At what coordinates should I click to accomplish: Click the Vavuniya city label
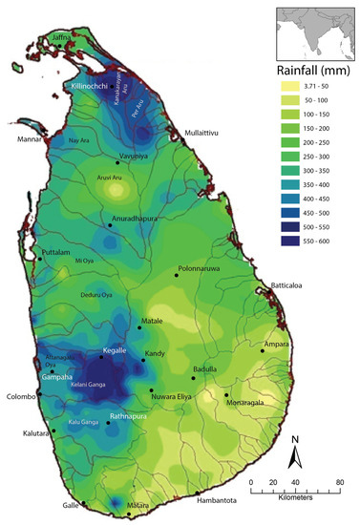pyautogui.click(x=136, y=155)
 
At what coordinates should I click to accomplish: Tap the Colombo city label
pyautogui.click(x=21, y=396)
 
